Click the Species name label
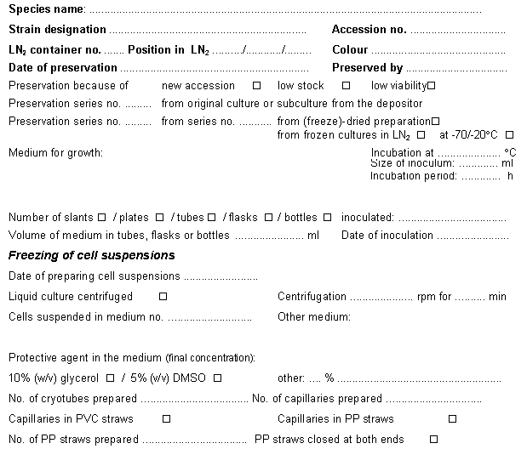pos(46,9)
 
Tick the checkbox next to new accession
pos(257,86)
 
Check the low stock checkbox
pos(347,86)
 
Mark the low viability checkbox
pos(432,86)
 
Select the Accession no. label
pos(369,30)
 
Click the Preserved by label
pos(367,68)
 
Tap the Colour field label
pos(350,50)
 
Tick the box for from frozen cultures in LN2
pos(421,135)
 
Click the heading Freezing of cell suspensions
pos(91,255)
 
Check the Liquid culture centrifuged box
pos(163,297)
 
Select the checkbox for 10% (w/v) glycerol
pos(109,378)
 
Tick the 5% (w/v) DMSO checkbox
pos(217,378)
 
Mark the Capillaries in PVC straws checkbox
pos(166,419)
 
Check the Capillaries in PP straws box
pos(452,419)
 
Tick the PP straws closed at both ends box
pos(434,440)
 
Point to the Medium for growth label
pos(55,153)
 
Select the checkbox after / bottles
pos(328,217)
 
